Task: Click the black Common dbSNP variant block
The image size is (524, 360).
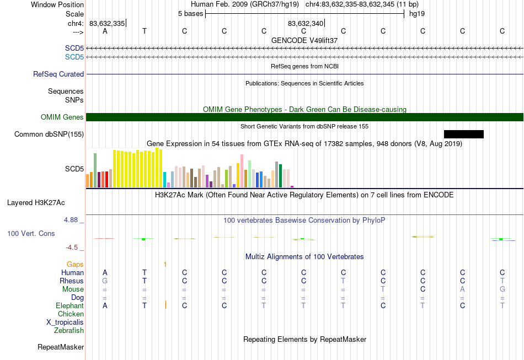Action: tap(463, 135)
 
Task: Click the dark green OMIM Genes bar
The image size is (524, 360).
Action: tap(304, 117)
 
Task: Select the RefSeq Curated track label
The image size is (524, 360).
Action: tap(58, 74)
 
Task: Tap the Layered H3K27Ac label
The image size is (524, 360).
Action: tap(36, 203)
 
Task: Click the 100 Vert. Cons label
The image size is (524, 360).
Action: tap(31, 233)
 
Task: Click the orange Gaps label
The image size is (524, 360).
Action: tap(75, 265)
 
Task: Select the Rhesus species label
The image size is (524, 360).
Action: tap(72, 281)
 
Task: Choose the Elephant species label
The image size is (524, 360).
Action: tap(70, 305)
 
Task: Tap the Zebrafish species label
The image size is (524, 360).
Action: tap(69, 331)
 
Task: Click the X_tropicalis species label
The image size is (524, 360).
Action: tap(65, 323)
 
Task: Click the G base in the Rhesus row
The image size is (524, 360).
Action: tap(105, 281)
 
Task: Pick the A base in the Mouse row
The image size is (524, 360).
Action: tap(463, 289)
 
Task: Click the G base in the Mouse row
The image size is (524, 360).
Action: tap(502, 289)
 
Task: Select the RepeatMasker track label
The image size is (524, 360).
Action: tap(61, 347)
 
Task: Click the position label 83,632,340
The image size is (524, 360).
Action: tap(306, 23)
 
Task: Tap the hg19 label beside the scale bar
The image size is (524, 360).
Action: tap(417, 14)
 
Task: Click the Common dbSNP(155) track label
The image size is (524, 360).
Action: tap(49, 135)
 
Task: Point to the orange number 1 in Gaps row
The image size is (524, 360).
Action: tap(165, 265)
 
